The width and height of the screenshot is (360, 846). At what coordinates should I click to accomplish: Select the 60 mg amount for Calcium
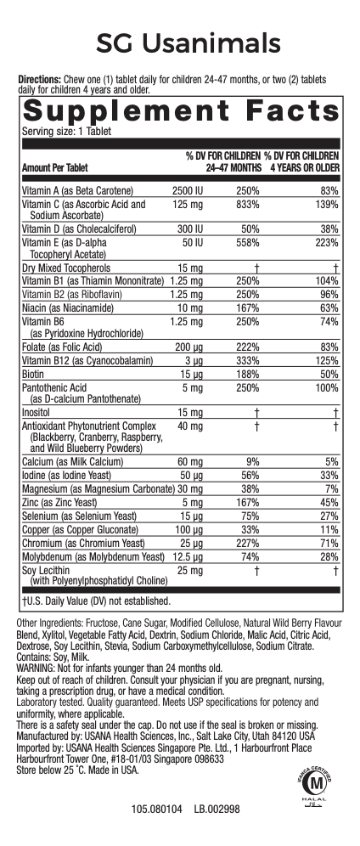190,463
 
